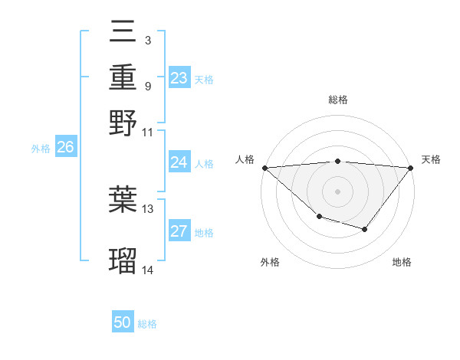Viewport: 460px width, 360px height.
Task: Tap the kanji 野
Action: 123,122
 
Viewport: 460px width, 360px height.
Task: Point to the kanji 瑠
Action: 123,260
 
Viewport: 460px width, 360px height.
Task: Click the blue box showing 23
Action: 179,77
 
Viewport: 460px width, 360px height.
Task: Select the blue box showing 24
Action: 179,162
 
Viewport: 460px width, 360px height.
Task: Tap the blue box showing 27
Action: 179,231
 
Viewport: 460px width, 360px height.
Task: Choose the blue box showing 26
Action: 65,148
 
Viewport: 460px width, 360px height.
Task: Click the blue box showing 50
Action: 123,322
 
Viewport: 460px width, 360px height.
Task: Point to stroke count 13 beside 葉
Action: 148,208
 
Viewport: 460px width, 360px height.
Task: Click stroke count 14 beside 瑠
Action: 148,270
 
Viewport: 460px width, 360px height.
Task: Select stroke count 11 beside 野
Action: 148,132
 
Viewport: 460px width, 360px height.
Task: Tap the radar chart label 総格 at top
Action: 338,100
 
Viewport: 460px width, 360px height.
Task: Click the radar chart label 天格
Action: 432,159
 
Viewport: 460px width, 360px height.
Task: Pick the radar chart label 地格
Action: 402,262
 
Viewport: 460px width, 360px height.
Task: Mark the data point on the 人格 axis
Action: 264,167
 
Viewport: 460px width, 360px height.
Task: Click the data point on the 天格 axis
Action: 411,167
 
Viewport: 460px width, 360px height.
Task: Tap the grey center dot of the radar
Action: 338,191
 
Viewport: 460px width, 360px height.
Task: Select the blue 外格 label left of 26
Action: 41,149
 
